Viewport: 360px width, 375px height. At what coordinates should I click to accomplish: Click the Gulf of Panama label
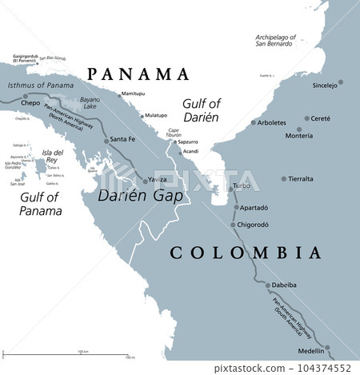pos(40,204)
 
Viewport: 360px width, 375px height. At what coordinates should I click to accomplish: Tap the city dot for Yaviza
pos(145,182)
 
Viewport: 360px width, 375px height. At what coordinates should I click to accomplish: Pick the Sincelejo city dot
pos(340,82)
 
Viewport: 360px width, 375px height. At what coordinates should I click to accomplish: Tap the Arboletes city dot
pos(253,122)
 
